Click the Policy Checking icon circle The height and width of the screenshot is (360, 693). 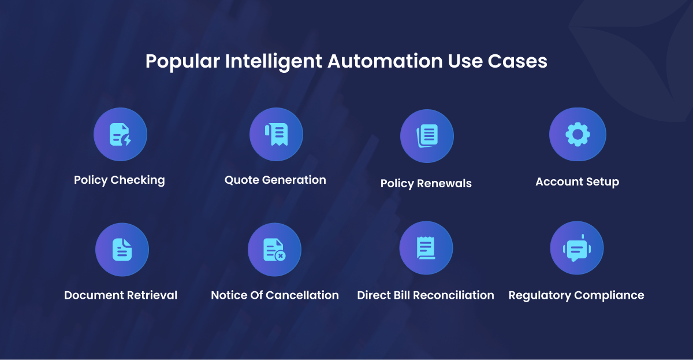click(120, 134)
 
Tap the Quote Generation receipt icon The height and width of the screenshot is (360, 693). click(276, 134)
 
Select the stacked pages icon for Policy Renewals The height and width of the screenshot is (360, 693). click(427, 136)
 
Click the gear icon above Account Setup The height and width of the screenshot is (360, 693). click(577, 134)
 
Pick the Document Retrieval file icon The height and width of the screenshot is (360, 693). click(122, 250)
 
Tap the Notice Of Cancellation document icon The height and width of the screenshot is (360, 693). click(274, 250)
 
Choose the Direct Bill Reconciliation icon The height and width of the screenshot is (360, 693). click(426, 248)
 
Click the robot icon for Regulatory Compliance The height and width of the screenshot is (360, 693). click(577, 248)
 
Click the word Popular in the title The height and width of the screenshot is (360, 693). click(182, 62)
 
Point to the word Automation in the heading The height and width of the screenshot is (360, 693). click(385, 61)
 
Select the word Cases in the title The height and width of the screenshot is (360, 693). click(517, 61)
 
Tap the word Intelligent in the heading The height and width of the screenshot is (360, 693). click(274, 62)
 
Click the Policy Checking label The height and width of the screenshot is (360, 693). click(120, 180)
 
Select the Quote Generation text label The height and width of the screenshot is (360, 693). click(275, 180)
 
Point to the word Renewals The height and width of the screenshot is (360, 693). click(444, 183)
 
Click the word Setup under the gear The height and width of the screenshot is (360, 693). click(603, 181)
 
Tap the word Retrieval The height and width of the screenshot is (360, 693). click(152, 295)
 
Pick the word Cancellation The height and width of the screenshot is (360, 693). click(302, 295)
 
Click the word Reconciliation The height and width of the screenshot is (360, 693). click(453, 295)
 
